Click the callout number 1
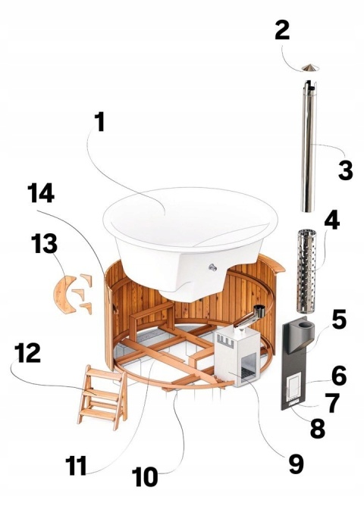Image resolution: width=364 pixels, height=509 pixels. tap(100, 122)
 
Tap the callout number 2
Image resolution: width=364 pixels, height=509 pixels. tap(282, 30)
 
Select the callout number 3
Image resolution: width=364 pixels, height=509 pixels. tap(346, 170)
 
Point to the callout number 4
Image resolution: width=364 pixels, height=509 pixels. tap(332, 220)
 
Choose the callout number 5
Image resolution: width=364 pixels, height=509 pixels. tap(339, 318)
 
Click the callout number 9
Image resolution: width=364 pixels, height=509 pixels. tap(296, 464)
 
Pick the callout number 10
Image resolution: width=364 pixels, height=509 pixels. tap(145, 476)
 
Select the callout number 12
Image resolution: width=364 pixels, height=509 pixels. tap(27, 353)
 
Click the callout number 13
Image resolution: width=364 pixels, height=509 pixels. tap(44, 243)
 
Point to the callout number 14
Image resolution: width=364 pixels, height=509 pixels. tap(41, 192)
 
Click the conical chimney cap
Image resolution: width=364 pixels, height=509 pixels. tap(310, 67)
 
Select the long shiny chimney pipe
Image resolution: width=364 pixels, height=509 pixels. tap(308, 145)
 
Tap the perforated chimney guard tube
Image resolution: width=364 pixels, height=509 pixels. tap(306, 270)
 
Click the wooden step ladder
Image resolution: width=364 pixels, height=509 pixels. tap(102, 397)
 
